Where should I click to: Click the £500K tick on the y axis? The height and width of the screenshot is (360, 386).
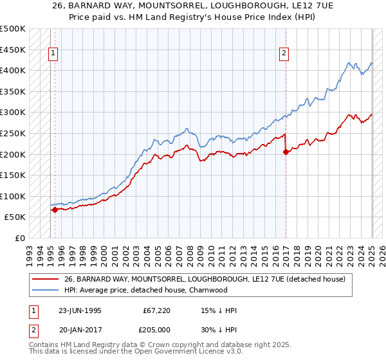13,29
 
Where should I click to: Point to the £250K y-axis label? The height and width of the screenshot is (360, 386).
13,133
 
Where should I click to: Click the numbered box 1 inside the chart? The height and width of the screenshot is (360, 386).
53,54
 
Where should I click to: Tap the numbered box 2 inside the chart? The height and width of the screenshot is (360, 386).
284,54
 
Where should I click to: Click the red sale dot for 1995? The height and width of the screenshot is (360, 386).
55,210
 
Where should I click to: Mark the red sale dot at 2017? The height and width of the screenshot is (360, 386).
286,152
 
